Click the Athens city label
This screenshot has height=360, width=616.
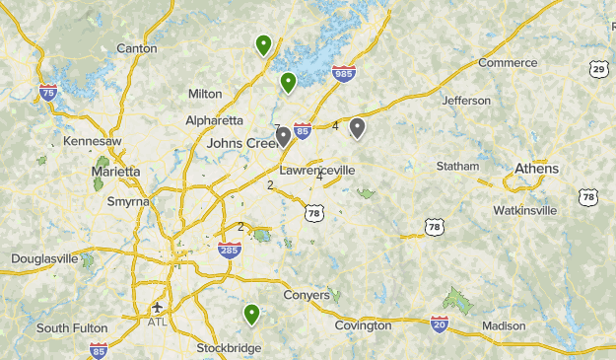(536, 169)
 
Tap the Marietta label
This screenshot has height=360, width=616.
(116, 172)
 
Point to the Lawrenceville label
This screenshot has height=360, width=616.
(316, 170)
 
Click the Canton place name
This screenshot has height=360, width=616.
(136, 48)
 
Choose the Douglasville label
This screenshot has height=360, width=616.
(44, 258)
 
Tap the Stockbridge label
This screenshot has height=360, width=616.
(229, 348)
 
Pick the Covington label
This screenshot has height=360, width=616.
(363, 325)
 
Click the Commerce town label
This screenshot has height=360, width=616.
(508, 63)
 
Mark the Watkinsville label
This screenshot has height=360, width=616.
(525, 210)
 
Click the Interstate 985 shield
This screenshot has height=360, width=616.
(344, 74)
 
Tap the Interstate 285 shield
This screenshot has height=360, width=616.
(229, 250)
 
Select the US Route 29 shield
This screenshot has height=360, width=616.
(599, 69)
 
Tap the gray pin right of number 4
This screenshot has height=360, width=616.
(357, 127)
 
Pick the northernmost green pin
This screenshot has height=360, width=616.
(263, 44)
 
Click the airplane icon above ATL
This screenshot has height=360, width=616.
(157, 307)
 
